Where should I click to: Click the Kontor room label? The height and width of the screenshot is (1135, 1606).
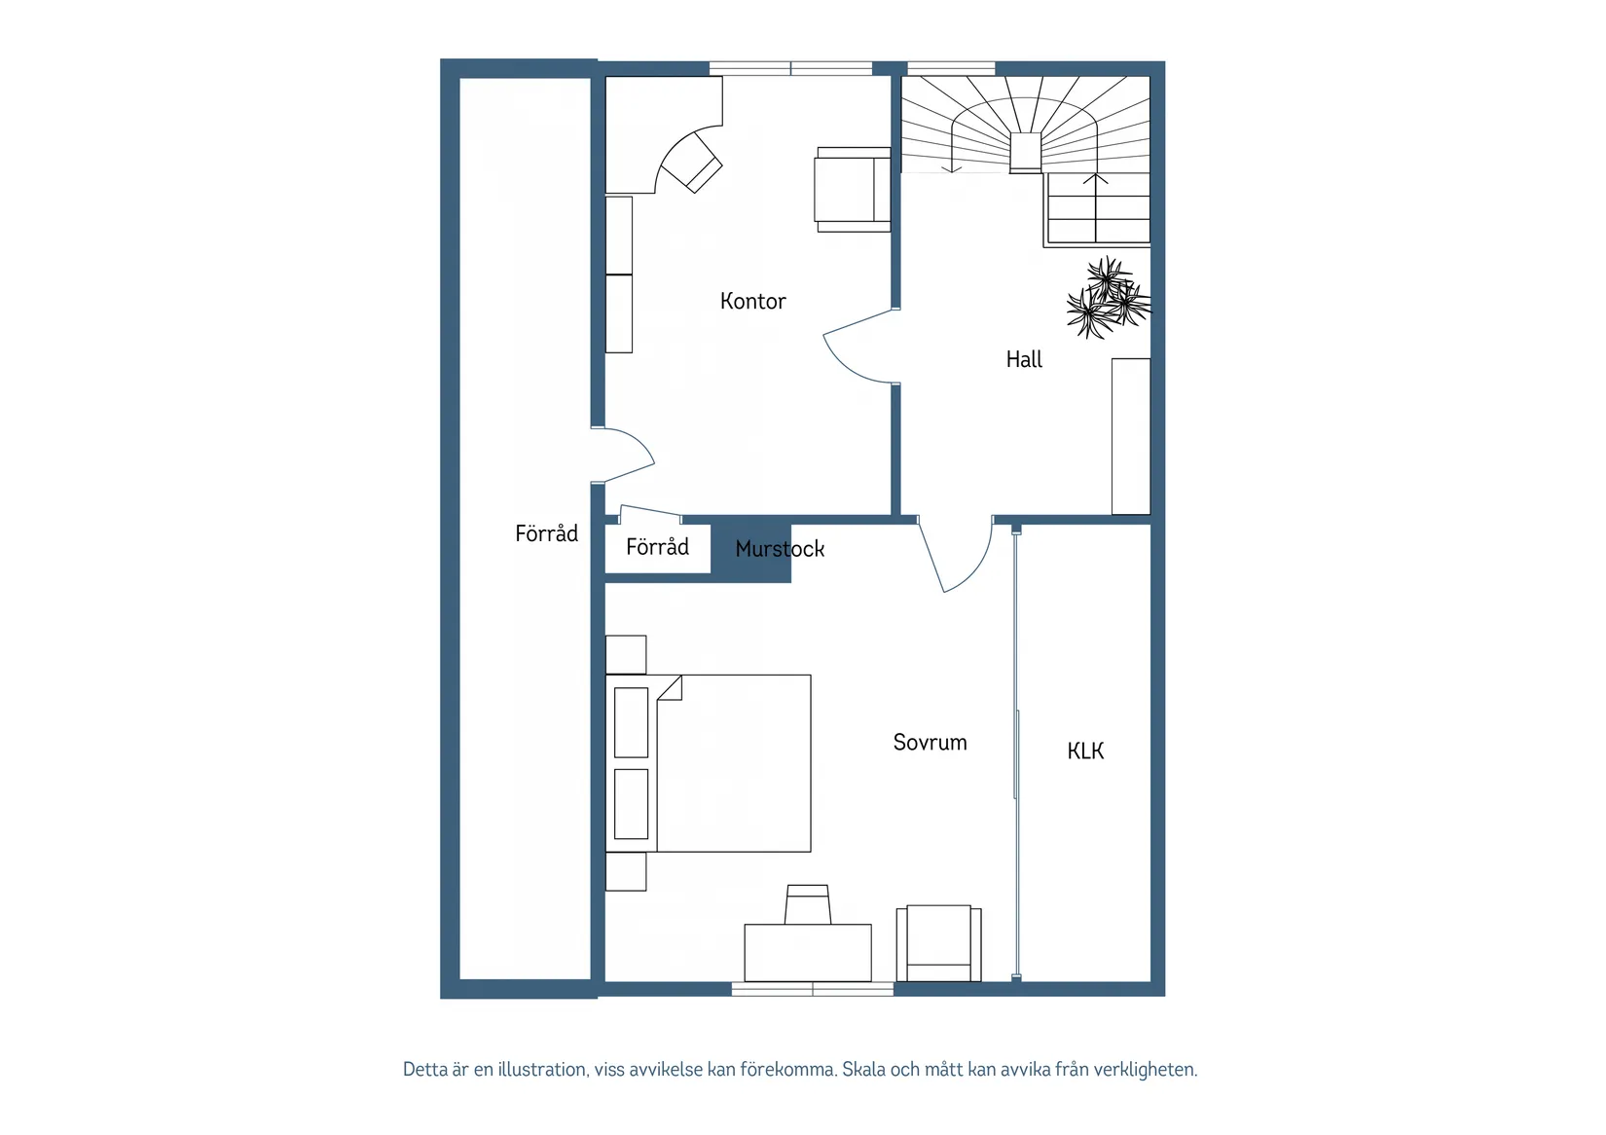click(x=752, y=301)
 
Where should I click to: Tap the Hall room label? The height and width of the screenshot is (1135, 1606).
click(x=1024, y=359)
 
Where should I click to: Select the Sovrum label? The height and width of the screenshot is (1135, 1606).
click(x=930, y=742)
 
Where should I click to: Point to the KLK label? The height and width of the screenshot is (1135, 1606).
click(x=1085, y=751)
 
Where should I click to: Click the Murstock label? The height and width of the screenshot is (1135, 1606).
click(x=780, y=549)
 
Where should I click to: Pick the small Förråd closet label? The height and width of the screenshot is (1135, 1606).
click(x=657, y=547)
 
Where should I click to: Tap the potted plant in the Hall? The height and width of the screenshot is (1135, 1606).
click(x=1108, y=298)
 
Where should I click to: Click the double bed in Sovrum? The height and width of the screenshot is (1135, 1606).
click(x=709, y=763)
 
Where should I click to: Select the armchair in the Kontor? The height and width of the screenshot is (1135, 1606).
click(x=853, y=190)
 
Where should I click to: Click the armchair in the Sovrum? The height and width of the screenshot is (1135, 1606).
click(x=938, y=943)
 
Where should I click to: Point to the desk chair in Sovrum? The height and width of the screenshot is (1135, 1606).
click(x=807, y=905)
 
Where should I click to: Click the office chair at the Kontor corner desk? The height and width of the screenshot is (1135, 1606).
click(x=691, y=163)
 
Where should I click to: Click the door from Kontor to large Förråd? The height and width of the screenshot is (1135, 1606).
click(x=622, y=456)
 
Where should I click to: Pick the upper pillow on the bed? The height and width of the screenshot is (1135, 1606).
click(x=631, y=722)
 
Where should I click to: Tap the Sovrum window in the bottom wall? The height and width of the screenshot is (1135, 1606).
click(x=813, y=989)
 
